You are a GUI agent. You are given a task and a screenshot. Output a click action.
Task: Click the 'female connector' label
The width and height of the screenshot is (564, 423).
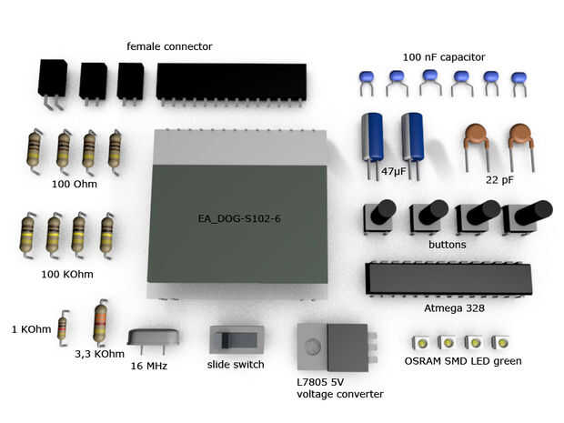[x=169, y=46]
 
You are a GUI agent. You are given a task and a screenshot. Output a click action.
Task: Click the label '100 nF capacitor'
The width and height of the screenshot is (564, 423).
[x=443, y=56]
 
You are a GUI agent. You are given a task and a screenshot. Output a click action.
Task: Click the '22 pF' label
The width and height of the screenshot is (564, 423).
[x=499, y=180]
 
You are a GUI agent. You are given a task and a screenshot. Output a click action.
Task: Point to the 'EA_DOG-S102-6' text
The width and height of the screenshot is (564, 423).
[x=237, y=218]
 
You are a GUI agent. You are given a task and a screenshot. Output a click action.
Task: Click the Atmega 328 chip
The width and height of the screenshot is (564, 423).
[x=448, y=278]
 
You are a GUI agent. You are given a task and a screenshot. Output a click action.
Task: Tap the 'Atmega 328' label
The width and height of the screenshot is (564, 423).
[x=454, y=308]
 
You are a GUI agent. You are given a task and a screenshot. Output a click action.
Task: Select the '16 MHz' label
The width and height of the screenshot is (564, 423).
[x=150, y=366]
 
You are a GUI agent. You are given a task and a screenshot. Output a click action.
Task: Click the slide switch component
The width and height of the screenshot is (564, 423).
[x=237, y=341]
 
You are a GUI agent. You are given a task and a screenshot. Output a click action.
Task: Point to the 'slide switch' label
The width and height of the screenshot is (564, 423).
[x=236, y=365]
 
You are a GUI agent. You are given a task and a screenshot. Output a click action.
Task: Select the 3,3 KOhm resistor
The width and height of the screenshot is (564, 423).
[x=100, y=324]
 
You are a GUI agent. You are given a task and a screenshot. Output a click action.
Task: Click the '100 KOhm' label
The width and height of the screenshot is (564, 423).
[x=67, y=273]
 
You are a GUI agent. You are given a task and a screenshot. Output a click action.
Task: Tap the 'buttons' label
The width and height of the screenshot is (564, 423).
[x=447, y=245]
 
